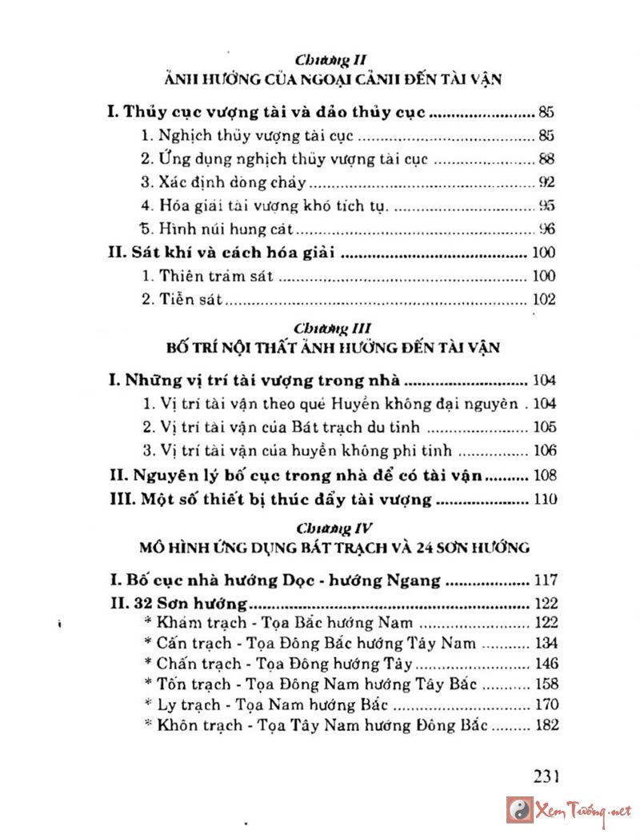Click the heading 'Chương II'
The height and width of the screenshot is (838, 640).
click(x=330, y=59)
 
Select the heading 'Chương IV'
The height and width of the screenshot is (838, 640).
click(x=330, y=528)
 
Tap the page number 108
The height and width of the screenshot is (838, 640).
click(x=543, y=476)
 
